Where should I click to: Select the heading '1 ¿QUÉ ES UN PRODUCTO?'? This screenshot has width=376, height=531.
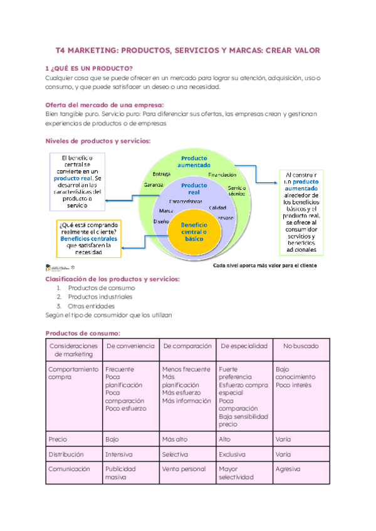coord(90,68)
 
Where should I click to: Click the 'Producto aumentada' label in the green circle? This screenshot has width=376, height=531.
coord(194,161)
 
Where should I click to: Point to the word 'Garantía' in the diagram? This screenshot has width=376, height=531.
coord(154,185)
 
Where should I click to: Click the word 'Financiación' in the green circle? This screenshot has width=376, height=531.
coord(222,175)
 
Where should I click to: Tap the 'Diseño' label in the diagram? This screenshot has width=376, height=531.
coord(162,222)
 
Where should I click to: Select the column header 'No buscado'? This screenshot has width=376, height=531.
coord(301,346)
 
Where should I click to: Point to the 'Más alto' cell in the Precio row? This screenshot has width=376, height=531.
coord(175,439)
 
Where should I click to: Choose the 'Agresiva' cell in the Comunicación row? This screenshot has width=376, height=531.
coord(288,468)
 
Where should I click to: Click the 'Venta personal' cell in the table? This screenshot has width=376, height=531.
coord(184,468)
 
